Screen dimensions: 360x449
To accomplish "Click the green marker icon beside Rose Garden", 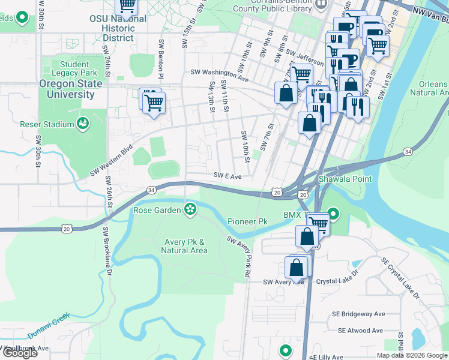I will pyautogui.click(x=190, y=209).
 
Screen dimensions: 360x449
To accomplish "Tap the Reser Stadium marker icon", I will pyautogui.click(x=83, y=124).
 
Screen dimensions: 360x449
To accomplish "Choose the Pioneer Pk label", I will pyautogui.click(x=247, y=221).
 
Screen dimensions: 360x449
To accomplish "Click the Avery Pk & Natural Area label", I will pyautogui.click(x=185, y=246).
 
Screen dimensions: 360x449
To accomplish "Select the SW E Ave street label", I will pyautogui.click(x=228, y=176).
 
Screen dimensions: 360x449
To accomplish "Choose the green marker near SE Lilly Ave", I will pyautogui.click(x=286, y=350).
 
